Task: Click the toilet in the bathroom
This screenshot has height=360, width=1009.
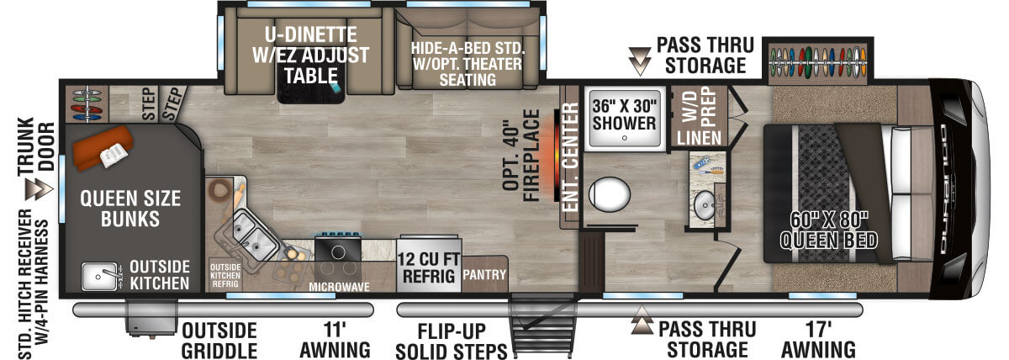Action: [610, 196]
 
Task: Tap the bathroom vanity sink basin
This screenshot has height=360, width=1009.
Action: [705, 203]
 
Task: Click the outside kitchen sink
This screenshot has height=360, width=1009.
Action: [100, 274]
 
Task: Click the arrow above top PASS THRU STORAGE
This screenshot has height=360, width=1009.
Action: [641, 60]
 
